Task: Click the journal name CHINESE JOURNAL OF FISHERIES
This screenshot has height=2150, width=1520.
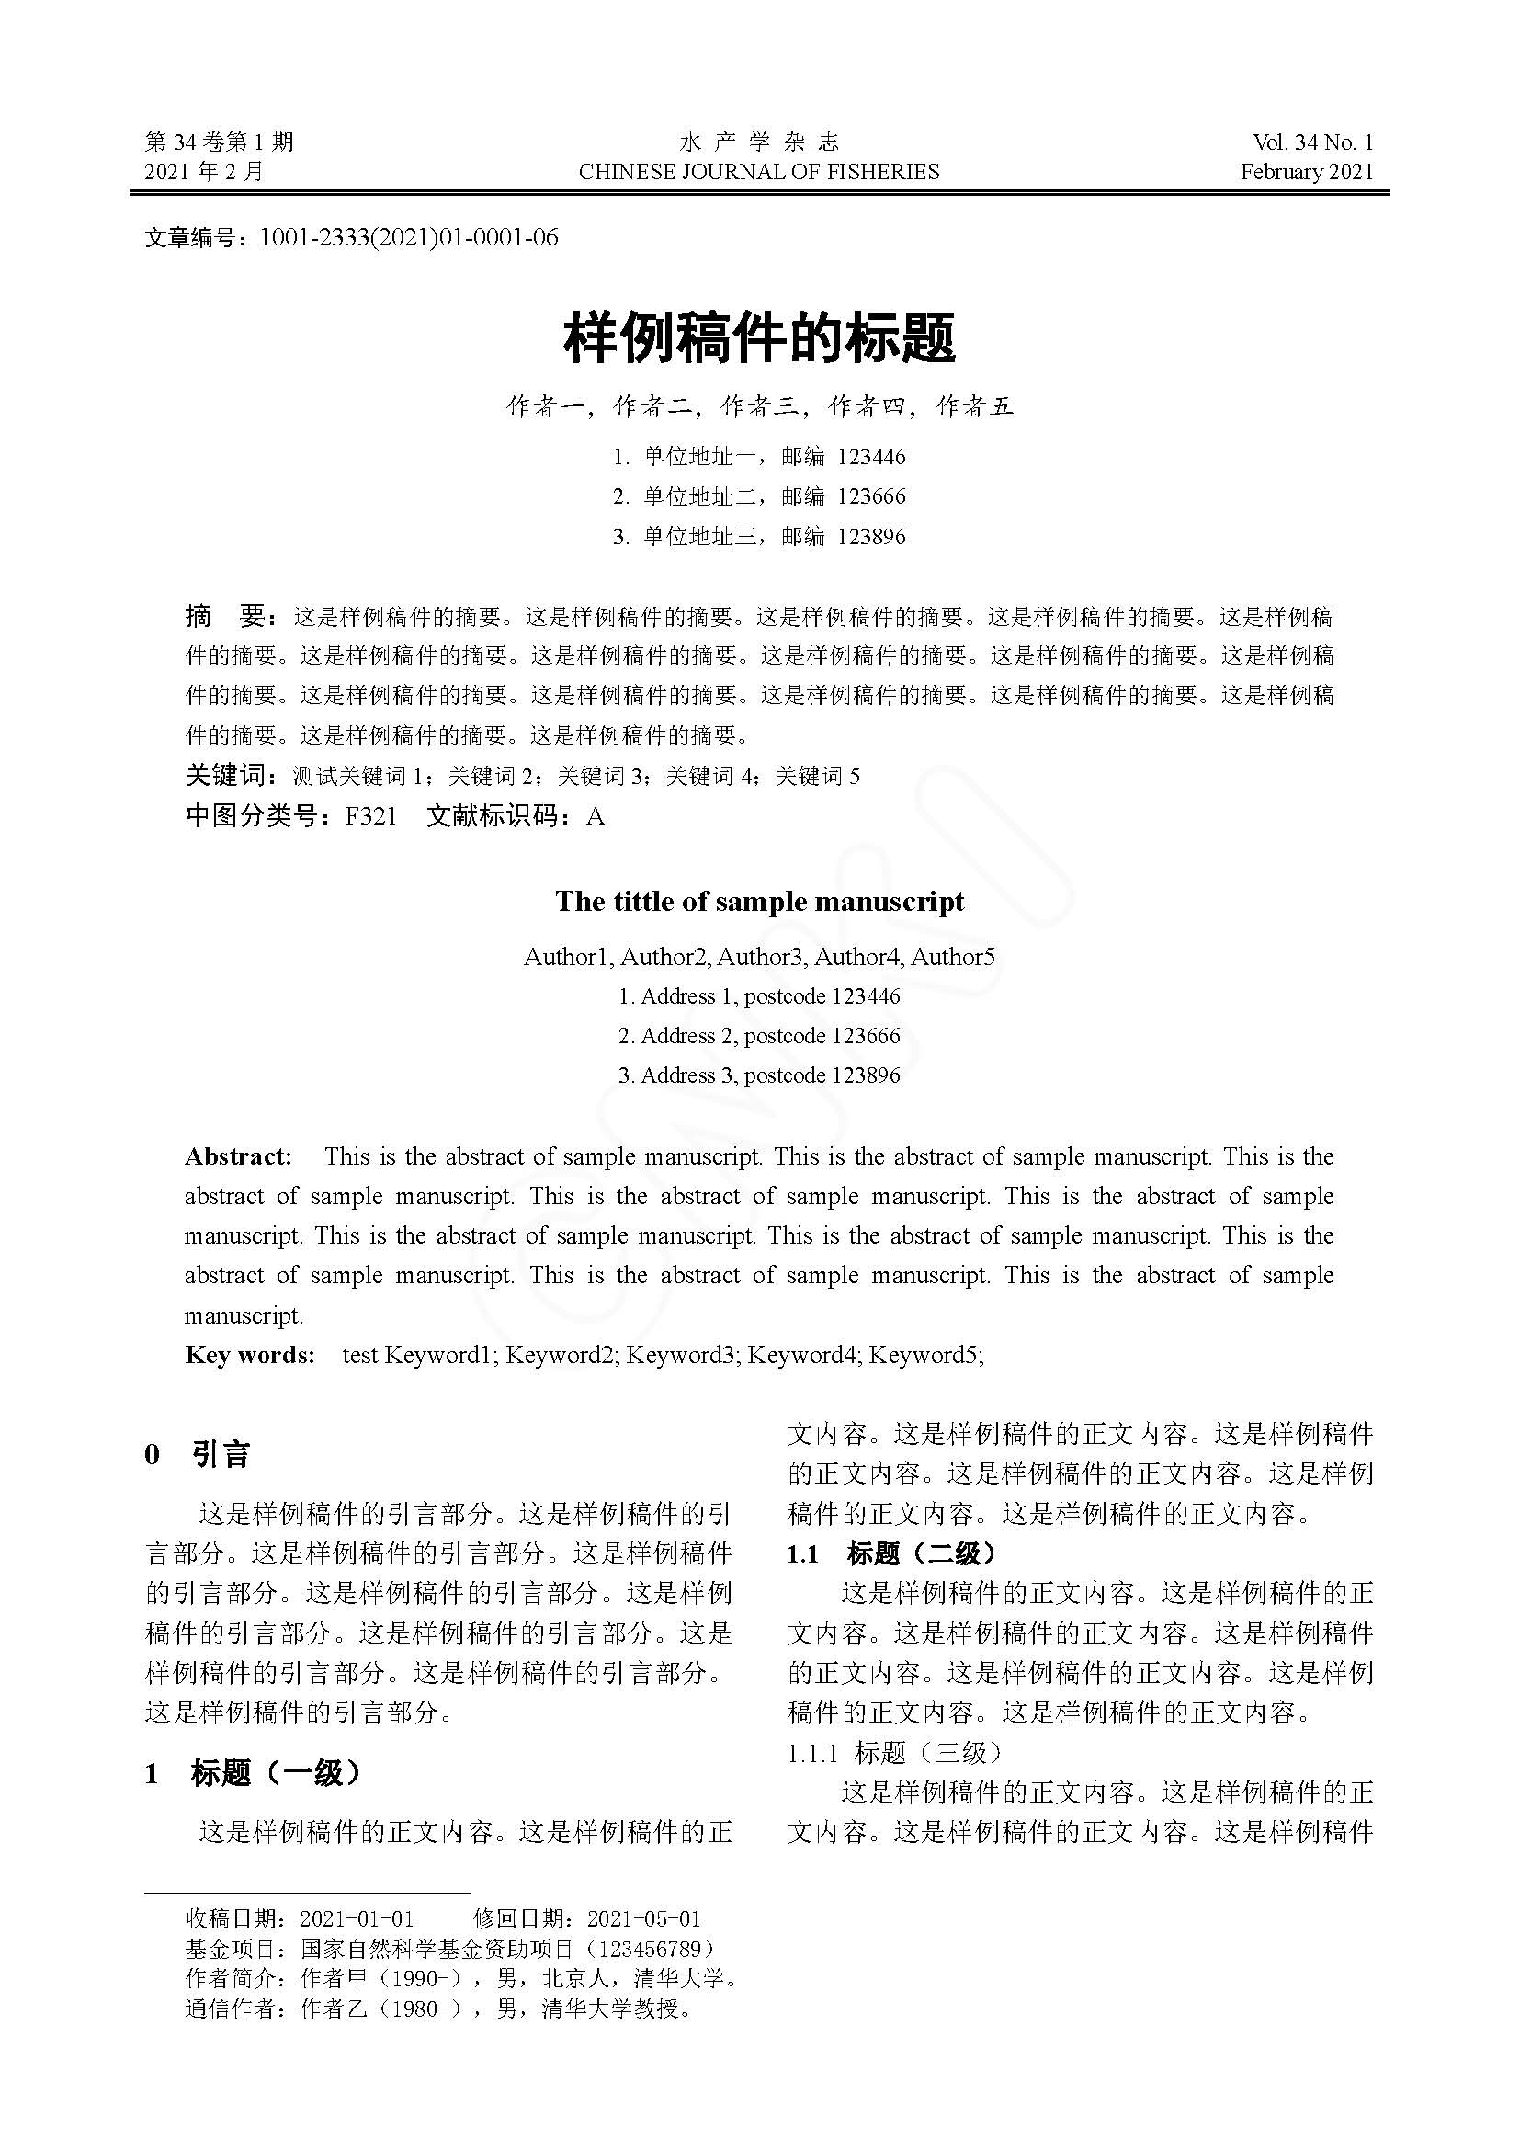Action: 759,171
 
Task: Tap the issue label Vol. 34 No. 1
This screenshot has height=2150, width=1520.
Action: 1312,142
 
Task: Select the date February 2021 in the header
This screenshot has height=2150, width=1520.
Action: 1307,171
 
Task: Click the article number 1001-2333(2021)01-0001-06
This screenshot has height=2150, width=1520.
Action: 408,238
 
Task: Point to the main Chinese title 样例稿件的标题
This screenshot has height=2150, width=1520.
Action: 759,339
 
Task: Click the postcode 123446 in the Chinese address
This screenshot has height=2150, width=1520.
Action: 871,457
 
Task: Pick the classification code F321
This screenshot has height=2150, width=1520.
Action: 370,816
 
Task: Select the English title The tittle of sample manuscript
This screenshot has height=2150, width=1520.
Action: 759,901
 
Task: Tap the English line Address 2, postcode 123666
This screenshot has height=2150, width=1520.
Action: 759,1036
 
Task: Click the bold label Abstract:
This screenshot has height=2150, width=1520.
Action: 238,1156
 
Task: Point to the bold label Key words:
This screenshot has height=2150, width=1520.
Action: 250,1355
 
